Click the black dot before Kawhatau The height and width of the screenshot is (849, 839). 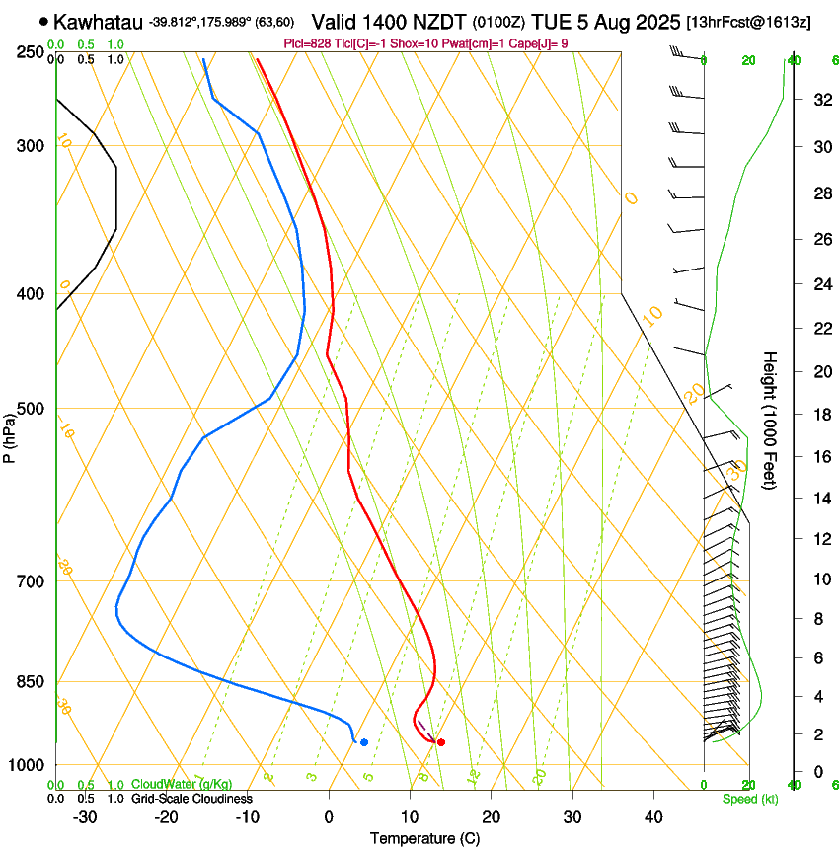43,21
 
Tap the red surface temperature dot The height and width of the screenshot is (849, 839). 441,742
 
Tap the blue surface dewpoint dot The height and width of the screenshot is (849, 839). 364,742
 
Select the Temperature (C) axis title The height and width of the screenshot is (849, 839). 424,838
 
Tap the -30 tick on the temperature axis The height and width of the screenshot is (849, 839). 85,817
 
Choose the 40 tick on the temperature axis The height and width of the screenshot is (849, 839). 653,817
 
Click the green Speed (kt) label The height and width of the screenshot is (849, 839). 749,799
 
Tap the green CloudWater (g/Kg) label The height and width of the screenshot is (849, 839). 182,784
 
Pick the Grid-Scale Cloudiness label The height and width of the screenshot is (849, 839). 191,798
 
